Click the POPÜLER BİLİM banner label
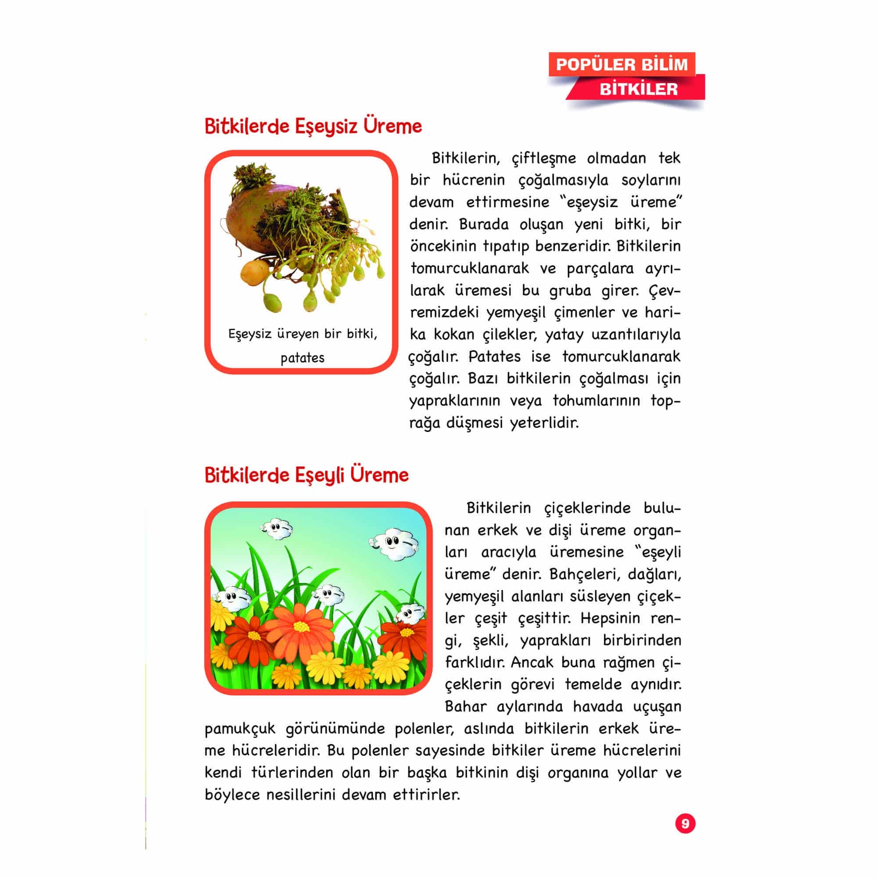tap(622, 65)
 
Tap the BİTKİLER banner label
tap(638, 89)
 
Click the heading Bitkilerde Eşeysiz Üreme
tap(313, 126)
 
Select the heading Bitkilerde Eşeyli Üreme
tap(307, 475)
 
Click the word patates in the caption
tap(302, 358)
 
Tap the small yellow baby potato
tap(252, 272)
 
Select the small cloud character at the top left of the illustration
tap(276, 529)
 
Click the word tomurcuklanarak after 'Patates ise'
tap(621, 356)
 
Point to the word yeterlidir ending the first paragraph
tap(544, 423)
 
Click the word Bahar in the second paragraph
tap(466, 707)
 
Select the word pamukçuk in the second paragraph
tap(240, 729)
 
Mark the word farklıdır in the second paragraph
tap(475, 662)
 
